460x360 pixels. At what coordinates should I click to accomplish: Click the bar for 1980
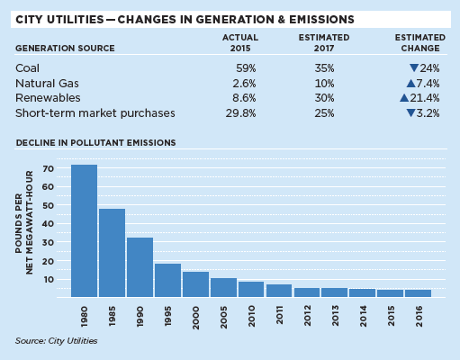(x=84, y=230)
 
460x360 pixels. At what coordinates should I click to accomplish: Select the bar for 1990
(x=140, y=267)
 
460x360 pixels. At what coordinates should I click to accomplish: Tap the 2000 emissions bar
(x=195, y=284)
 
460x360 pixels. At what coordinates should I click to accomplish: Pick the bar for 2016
(x=418, y=293)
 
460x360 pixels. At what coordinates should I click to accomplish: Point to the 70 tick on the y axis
(x=48, y=169)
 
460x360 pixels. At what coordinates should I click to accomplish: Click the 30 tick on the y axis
(x=48, y=242)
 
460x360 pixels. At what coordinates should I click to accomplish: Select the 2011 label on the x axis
(x=279, y=315)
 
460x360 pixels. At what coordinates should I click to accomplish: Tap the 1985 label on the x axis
(x=112, y=316)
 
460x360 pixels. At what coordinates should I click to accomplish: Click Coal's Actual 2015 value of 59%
(x=246, y=68)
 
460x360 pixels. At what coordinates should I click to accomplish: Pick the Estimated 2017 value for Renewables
(x=324, y=98)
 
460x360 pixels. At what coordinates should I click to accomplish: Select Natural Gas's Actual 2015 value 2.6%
(x=244, y=84)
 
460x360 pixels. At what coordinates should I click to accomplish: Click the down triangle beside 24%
(x=414, y=68)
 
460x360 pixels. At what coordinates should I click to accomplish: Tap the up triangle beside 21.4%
(x=404, y=98)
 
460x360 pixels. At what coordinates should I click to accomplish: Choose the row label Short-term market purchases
(x=95, y=113)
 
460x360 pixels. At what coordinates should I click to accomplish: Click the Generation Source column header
(x=65, y=49)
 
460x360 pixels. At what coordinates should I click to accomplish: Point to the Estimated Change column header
(x=420, y=43)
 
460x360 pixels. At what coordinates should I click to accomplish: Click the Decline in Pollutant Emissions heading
(x=95, y=142)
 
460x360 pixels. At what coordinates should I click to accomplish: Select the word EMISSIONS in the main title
(x=321, y=20)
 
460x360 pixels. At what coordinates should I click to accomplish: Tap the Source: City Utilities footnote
(x=57, y=341)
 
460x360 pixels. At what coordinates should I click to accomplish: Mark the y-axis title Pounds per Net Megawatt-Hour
(x=24, y=222)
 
